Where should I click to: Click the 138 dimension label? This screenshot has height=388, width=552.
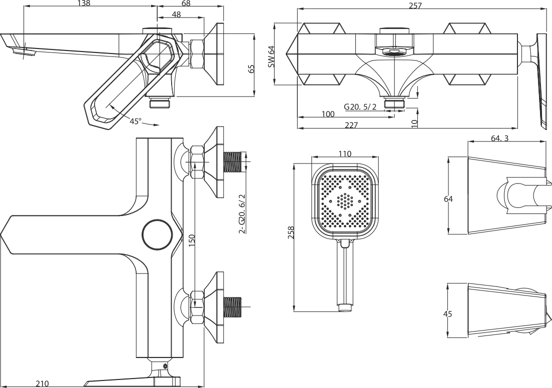tap(84, 3)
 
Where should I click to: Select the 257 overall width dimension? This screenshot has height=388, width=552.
tap(415, 5)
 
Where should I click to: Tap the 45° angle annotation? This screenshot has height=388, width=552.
tap(136, 121)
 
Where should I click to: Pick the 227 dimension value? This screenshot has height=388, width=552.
tap(351, 125)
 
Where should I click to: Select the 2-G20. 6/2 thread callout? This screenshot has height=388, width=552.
tap(243, 213)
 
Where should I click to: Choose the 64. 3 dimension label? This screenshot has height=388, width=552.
tap(500, 138)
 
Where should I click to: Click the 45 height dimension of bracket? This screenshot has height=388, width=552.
tap(448, 314)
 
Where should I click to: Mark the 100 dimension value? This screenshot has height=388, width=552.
tap(328, 114)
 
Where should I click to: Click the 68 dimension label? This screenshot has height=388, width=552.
tap(186, 3)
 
